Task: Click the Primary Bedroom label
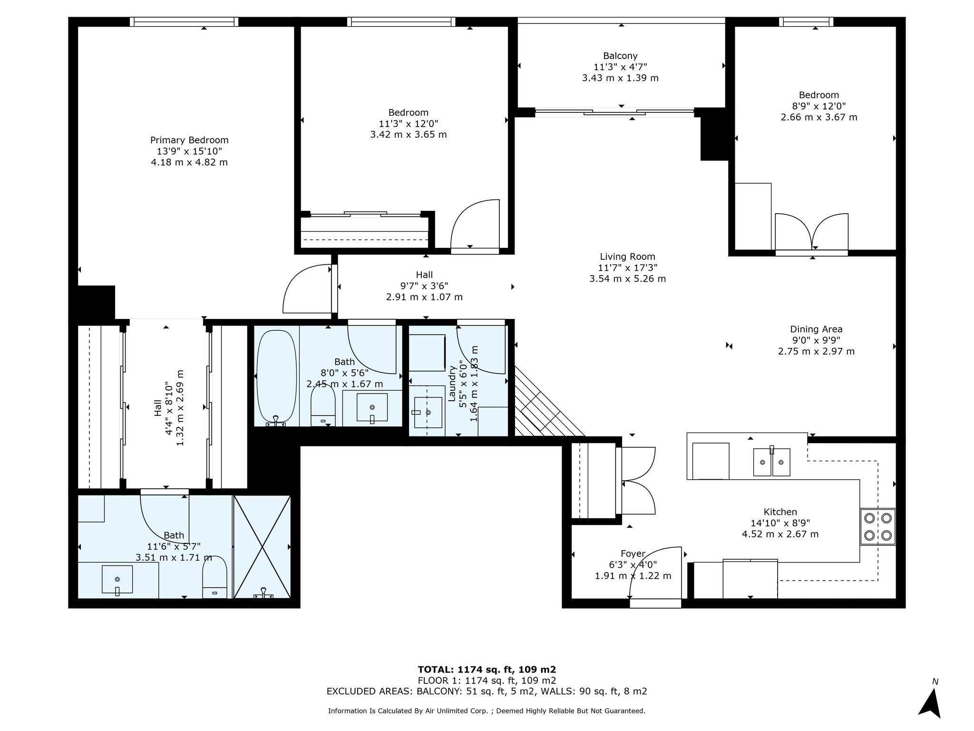(x=189, y=140)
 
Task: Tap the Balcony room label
(x=620, y=56)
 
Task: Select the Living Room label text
(x=627, y=257)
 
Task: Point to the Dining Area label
(x=816, y=329)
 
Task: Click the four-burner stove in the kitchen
(x=877, y=526)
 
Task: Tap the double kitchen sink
(x=771, y=462)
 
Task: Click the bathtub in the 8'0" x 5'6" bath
(x=276, y=376)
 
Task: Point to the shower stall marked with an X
(x=262, y=546)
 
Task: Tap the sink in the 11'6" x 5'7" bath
(x=117, y=579)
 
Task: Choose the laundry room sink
(x=428, y=413)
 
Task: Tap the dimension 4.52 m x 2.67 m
(x=780, y=534)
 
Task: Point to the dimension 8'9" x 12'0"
(x=818, y=106)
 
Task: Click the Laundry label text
(x=452, y=383)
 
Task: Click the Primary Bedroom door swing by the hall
(x=307, y=290)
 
